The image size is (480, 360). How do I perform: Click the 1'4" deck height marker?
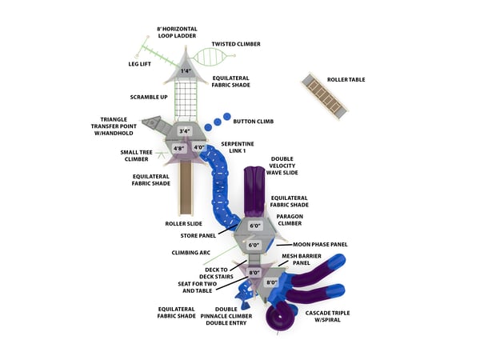pyautogui.click(x=186, y=71)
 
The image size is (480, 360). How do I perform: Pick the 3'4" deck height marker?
pyautogui.click(x=185, y=131)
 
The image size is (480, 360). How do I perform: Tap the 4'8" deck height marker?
pyautogui.click(x=179, y=148)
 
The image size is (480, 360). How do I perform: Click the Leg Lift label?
pyautogui.click(x=141, y=63)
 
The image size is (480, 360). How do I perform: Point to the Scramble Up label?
pyautogui.click(x=150, y=97)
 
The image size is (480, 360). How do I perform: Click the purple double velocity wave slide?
pyautogui.click(x=254, y=188)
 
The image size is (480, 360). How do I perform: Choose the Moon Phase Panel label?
pyautogui.click(x=320, y=244)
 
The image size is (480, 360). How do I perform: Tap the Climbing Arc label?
pyautogui.click(x=191, y=252)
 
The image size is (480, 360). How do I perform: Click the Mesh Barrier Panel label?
pyautogui.click(x=301, y=259)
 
